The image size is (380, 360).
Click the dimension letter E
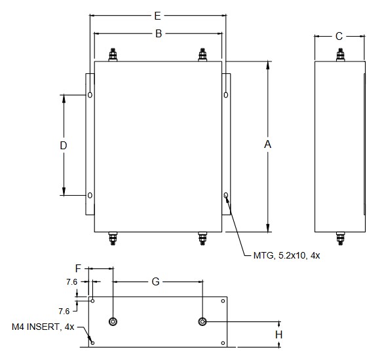coord(157,16)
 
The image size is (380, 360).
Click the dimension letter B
coord(159,33)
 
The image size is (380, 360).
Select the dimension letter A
coord(267,144)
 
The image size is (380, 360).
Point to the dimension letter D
coord(64,145)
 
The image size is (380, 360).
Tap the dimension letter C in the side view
coord(339,36)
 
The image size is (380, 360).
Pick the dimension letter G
coord(155,281)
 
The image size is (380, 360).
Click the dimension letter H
coord(278,334)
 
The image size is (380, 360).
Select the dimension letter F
coord(78,268)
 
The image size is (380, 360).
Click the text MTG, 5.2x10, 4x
coord(286,255)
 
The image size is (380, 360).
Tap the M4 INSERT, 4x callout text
coord(43,327)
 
